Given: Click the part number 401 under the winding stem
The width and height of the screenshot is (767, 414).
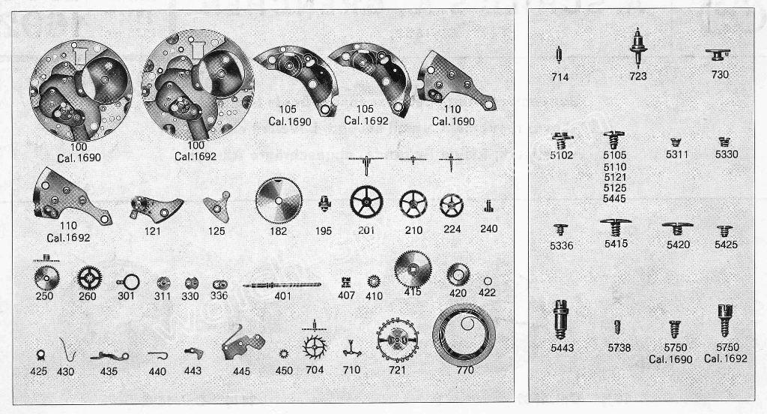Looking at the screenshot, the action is click(282, 296).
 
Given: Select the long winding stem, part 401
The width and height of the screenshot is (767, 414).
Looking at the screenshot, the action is click(282, 285).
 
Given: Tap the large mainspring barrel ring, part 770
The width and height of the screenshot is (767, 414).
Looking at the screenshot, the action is click(464, 334).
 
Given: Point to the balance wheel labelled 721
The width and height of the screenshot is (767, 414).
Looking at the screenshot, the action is click(397, 340).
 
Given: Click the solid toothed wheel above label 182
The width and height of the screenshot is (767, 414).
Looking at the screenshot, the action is click(279, 200).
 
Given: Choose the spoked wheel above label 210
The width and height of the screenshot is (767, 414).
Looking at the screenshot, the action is click(413, 204).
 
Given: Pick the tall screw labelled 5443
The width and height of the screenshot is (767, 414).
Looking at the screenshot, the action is click(561, 319).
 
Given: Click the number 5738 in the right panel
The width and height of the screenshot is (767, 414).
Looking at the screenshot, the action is click(619, 348).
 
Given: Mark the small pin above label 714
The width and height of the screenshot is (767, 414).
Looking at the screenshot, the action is click(559, 55).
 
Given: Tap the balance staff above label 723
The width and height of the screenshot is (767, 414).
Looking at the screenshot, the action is click(638, 46).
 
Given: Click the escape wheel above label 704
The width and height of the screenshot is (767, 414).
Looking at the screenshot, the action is click(315, 347).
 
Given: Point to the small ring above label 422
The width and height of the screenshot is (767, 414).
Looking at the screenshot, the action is click(487, 281).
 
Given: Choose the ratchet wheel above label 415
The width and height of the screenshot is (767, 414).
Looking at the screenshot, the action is click(413, 269).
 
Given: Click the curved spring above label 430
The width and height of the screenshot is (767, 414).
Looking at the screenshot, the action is click(67, 349).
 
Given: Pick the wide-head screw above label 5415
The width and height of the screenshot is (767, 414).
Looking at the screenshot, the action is click(616, 227).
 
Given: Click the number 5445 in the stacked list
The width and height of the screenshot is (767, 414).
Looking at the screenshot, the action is click(615, 199).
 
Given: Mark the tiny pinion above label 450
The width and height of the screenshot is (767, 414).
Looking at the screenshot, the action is click(283, 354).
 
